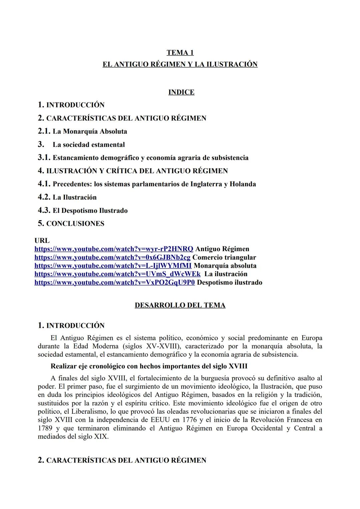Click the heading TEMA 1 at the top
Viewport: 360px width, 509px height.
pyautogui.click(x=180, y=52)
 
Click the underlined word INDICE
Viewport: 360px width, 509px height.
pyautogui.click(x=181, y=92)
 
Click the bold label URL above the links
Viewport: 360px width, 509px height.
pyautogui.click(x=42, y=241)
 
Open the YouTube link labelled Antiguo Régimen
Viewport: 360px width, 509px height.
pyautogui.click(x=114, y=249)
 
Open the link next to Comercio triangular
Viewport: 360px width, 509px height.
pyautogui.click(x=112, y=257)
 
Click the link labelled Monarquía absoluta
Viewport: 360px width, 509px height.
pyautogui.click(x=113, y=265)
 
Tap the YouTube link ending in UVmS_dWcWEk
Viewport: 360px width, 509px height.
pyautogui.click(x=117, y=274)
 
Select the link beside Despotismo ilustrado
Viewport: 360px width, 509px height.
pyautogui.click(x=115, y=282)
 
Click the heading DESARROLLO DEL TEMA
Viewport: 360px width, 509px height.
pyautogui.click(x=180, y=305)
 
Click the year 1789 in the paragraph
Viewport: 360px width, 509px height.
pyautogui.click(x=45, y=428)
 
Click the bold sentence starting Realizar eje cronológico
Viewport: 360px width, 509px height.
pyautogui.click(x=149, y=366)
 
